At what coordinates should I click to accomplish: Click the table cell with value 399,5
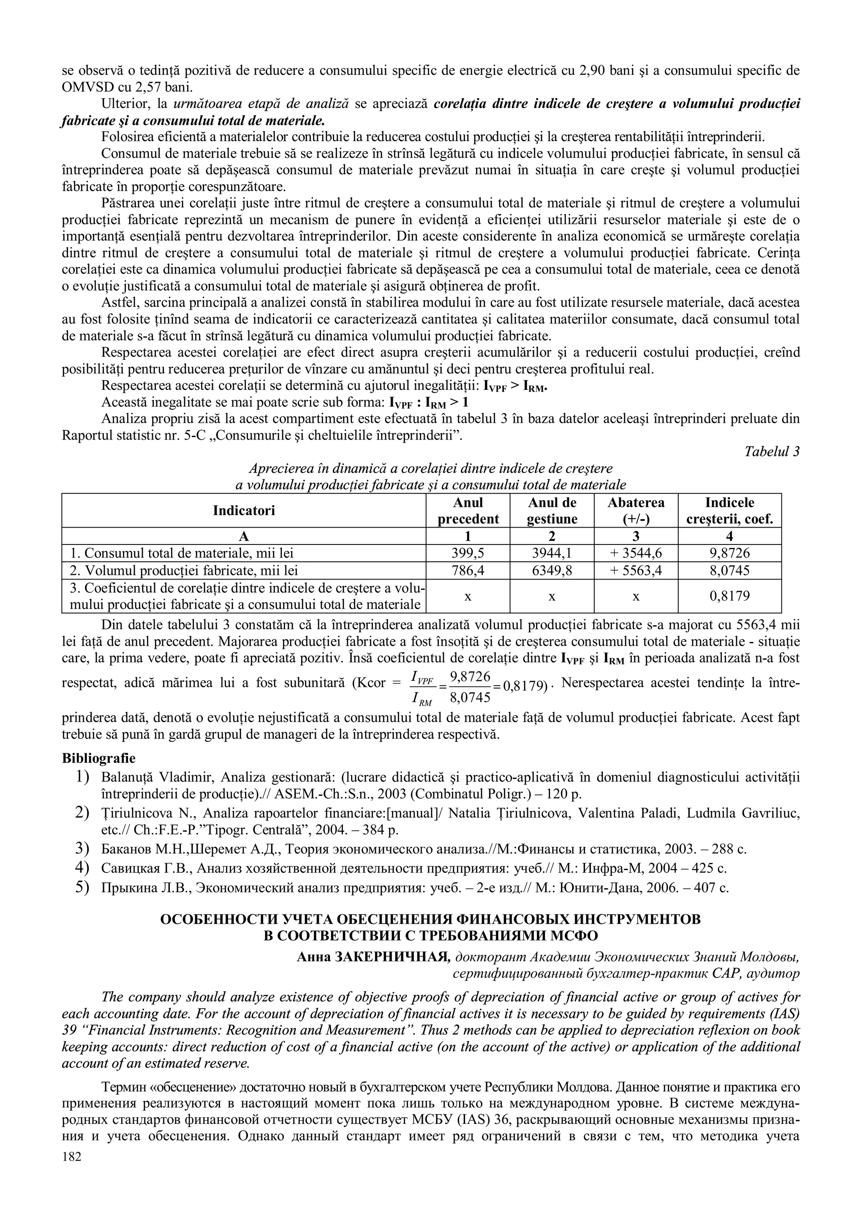(468, 553)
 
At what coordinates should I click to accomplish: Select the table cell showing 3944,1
(552, 553)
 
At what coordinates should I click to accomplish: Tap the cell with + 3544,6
(636, 553)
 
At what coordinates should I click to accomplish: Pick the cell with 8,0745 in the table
(729, 571)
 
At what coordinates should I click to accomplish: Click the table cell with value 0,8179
(729, 596)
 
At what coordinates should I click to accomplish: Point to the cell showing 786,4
(468, 571)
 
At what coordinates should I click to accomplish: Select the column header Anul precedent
(468, 511)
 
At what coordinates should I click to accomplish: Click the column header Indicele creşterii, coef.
(729, 511)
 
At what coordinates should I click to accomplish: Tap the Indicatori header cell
(244, 511)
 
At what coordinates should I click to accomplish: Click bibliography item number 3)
(82, 849)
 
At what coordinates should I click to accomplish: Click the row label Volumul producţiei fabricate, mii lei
(184, 571)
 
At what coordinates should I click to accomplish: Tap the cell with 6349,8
(552, 571)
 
